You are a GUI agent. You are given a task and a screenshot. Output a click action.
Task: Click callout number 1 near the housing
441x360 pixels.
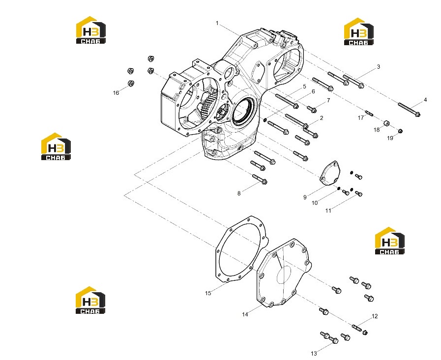click(x=217, y=23)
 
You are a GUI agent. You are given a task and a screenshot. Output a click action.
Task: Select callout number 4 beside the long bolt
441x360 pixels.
click(x=425, y=100)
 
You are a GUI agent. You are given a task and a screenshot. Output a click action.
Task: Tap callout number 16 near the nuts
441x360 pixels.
click(x=116, y=93)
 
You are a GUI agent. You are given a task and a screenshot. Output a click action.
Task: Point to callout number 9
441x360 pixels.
click(x=305, y=197)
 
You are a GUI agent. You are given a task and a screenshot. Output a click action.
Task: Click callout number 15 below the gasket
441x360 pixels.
click(x=208, y=293)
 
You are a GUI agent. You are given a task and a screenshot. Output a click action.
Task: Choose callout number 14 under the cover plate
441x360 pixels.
click(x=245, y=314)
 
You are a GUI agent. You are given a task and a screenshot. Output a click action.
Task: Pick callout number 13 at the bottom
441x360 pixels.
click(x=314, y=354)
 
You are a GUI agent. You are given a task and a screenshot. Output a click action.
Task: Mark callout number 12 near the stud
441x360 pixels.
click(x=375, y=316)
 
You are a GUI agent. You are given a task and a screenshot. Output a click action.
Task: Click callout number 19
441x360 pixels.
click(x=390, y=138)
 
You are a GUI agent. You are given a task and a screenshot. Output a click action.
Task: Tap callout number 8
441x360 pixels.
click(x=239, y=194)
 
